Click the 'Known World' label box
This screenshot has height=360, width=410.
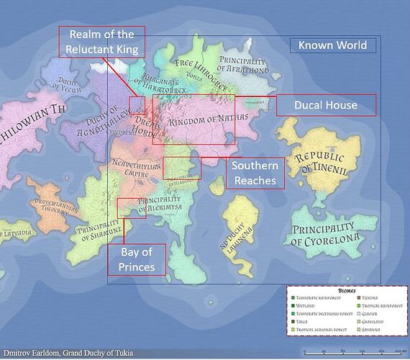coord(332,45)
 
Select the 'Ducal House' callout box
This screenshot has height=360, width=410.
coord(326,105)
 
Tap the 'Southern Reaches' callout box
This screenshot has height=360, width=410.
coord(255,174)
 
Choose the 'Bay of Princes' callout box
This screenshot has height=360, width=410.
coord(137,259)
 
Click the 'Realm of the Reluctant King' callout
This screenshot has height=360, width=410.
coord(102,42)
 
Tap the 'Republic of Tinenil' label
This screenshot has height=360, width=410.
coord(314,163)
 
